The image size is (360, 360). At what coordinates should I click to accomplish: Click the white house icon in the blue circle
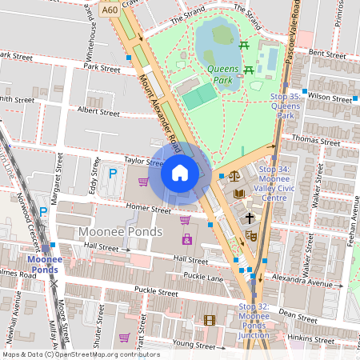pyautogui.click(x=180, y=173)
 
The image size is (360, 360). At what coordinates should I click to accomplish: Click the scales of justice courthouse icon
pyautogui.click(x=234, y=176)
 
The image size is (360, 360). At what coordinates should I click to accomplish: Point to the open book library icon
pyautogui.click(x=238, y=194)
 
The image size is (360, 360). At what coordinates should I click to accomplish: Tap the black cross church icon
pyautogui.click(x=250, y=217)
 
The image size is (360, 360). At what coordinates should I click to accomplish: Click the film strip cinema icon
pyautogui.click(x=210, y=321)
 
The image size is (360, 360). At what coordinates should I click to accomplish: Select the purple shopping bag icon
pyautogui.click(x=186, y=239)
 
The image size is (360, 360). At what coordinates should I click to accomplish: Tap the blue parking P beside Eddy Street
pyautogui.click(x=113, y=173)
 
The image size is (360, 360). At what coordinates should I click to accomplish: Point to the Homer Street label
pyautogui.click(x=151, y=211)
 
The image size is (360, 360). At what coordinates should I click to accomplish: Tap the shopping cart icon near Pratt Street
pyautogui.click(x=124, y=338)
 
